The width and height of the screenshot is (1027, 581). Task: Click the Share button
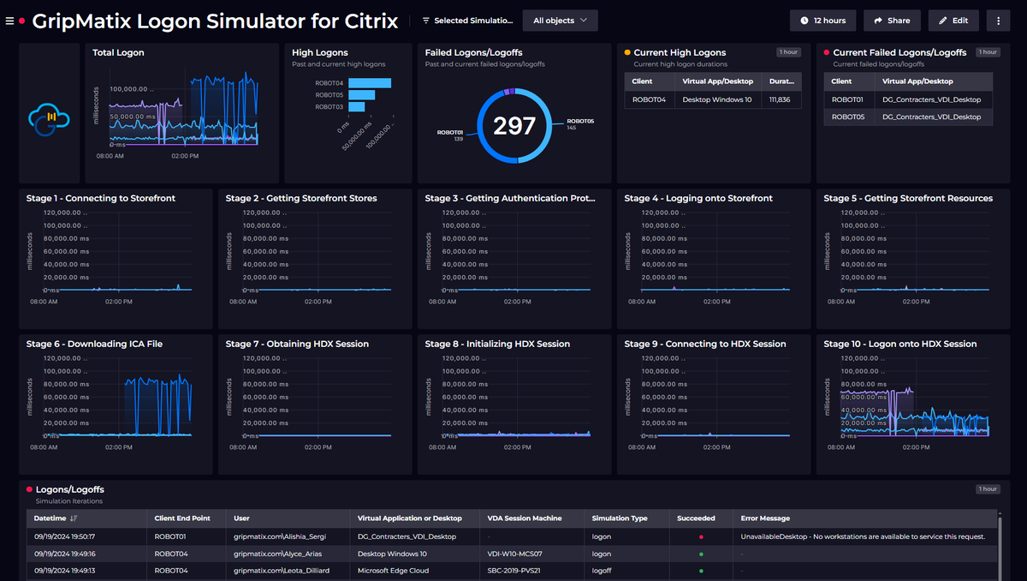[892, 21]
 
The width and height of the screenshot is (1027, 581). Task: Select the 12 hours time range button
[822, 21]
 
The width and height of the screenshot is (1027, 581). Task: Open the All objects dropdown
[560, 21]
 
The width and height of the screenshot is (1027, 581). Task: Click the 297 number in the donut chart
[514, 126]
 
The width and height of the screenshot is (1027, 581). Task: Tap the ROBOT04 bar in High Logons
[369, 83]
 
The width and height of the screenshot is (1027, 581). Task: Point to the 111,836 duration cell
[779, 99]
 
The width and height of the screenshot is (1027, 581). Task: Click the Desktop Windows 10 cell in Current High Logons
[717, 99]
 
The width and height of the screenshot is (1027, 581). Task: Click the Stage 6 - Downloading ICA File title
[94, 344]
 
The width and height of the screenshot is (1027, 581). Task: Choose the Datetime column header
[51, 518]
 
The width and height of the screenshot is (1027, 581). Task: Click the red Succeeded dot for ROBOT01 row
[701, 536]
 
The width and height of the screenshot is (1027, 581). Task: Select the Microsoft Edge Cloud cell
[394, 570]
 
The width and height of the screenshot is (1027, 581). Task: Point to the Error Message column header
[765, 518]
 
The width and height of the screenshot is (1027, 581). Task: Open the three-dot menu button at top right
[998, 21]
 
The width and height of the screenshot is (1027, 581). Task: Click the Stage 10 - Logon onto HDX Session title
[899, 344]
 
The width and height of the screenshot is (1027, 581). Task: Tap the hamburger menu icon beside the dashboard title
[9, 21]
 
